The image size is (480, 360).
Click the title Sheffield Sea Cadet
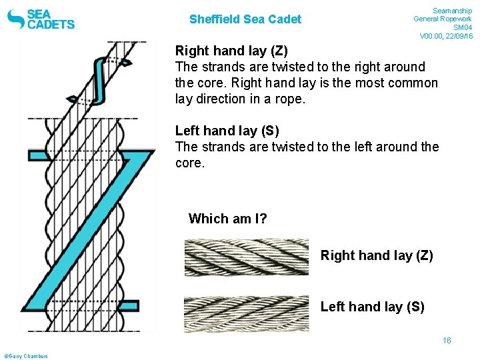tap(245, 19)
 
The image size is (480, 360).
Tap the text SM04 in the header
tap(462, 27)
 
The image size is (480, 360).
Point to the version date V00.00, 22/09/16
tap(446, 36)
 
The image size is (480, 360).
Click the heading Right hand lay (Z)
tap(231, 51)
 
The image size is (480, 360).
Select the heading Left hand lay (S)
tap(227, 131)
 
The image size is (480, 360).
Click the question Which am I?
tap(227, 219)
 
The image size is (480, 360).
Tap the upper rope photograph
tap(247, 257)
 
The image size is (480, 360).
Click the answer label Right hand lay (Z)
tap(377, 255)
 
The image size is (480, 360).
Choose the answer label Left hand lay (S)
tap(372, 307)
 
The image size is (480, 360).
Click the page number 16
tap(447, 341)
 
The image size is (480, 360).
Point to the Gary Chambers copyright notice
tap(26, 356)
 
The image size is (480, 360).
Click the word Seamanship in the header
tap(453, 11)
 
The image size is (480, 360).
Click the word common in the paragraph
tap(414, 83)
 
